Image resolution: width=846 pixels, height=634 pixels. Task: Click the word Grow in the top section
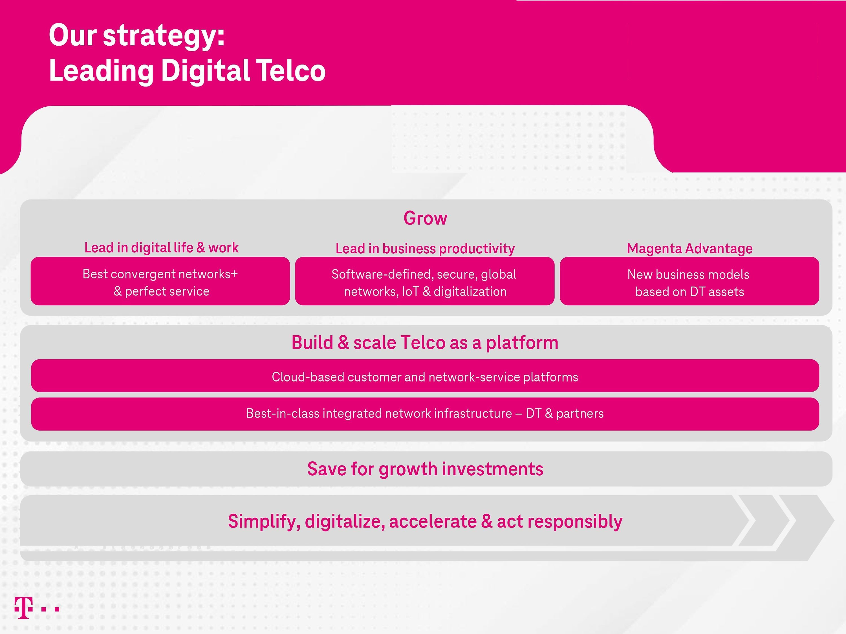[x=425, y=218]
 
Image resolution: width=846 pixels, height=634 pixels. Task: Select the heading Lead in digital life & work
[x=161, y=248]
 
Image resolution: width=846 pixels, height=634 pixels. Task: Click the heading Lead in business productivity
[x=425, y=249]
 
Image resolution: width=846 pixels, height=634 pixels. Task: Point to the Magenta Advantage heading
[x=689, y=249]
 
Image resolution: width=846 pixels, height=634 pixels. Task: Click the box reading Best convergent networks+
[x=160, y=281]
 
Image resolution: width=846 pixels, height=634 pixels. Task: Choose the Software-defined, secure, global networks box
[x=424, y=281]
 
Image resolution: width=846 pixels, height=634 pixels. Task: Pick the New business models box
[x=689, y=281]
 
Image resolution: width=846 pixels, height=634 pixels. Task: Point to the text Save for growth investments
[x=425, y=469]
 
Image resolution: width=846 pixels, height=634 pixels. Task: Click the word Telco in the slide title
[x=291, y=71]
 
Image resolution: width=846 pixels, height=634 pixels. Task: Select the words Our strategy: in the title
[x=136, y=35]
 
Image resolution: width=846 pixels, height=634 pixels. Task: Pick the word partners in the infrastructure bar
[x=580, y=413]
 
